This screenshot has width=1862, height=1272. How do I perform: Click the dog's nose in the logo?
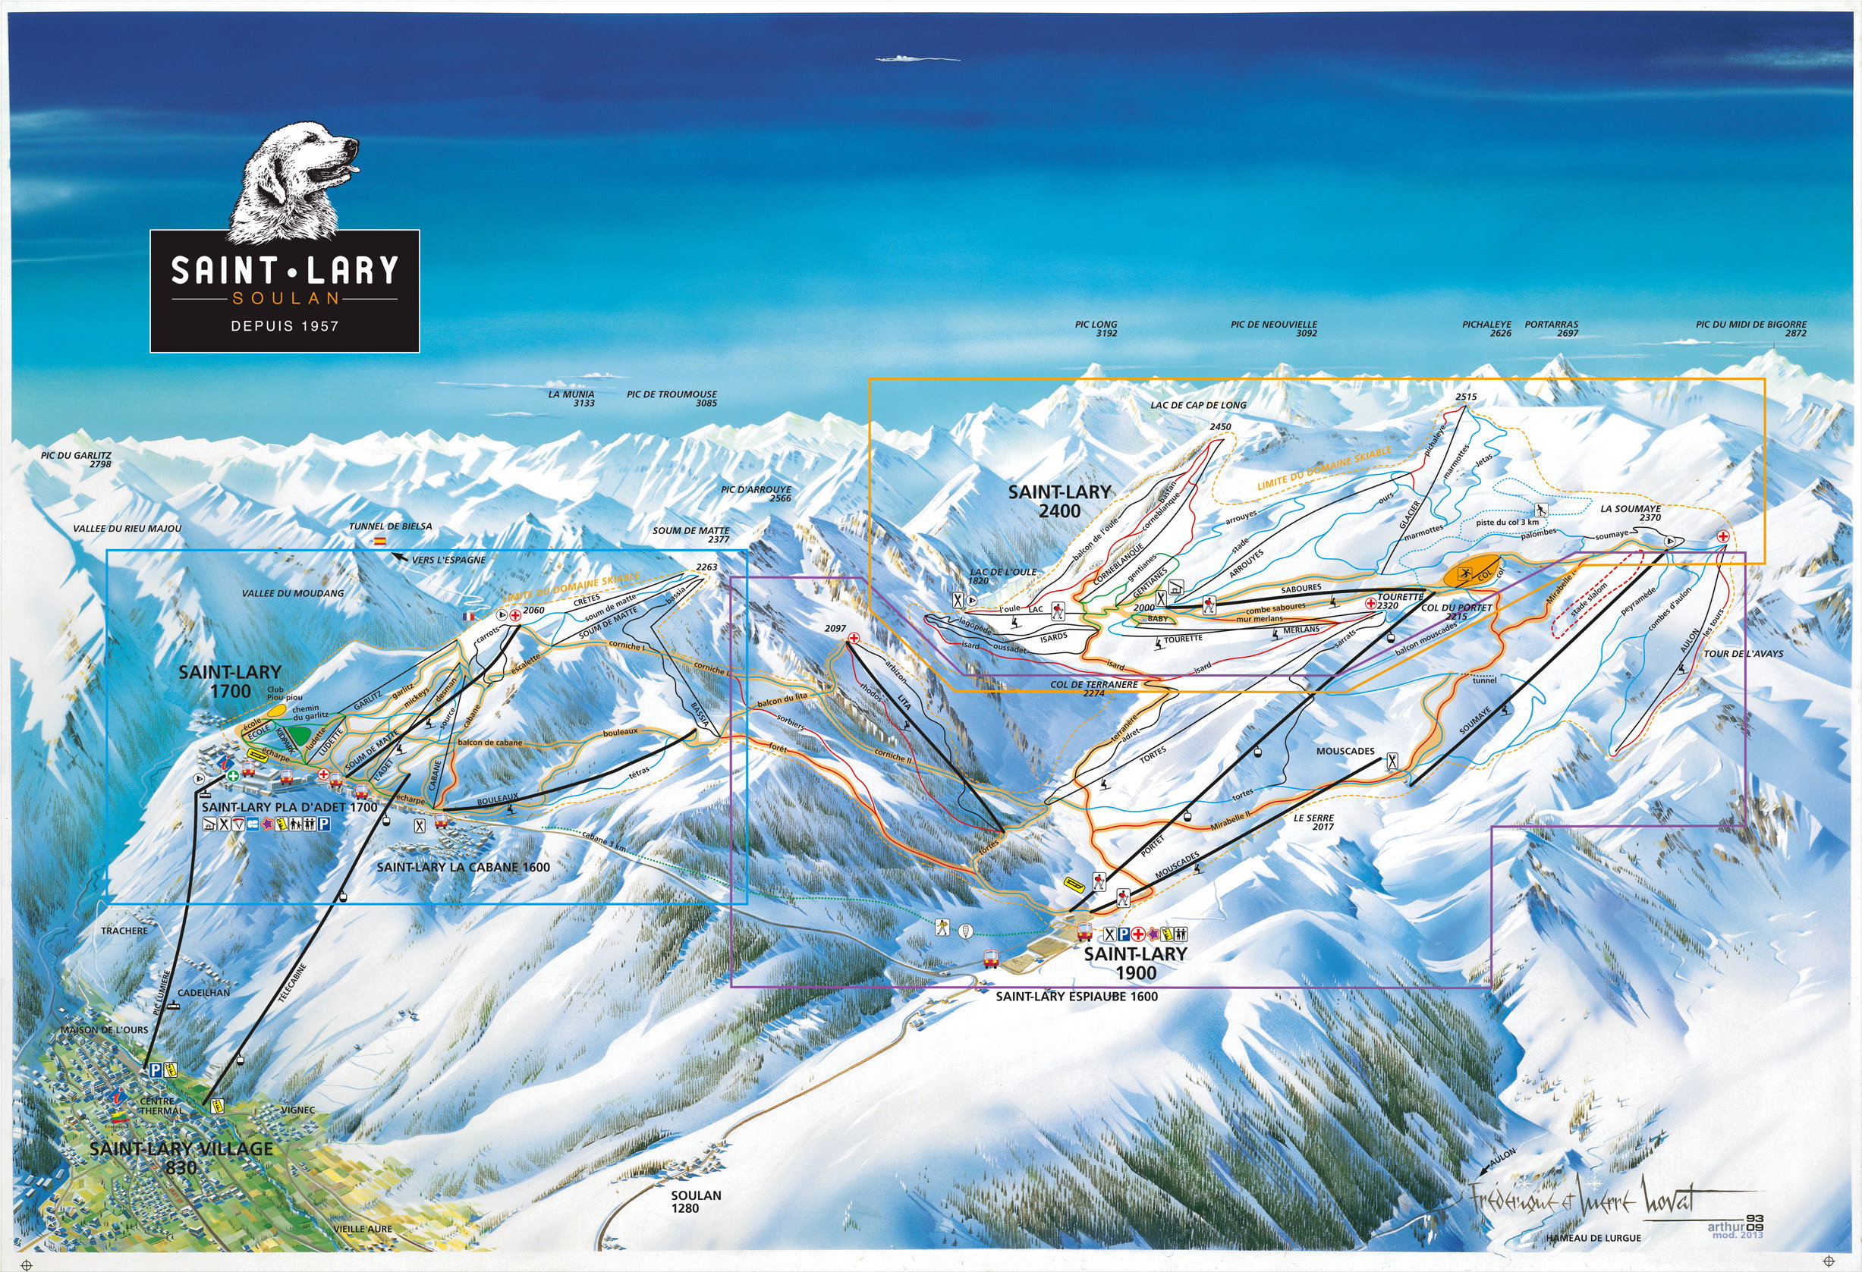click(x=353, y=143)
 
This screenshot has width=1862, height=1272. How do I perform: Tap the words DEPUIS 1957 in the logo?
click(x=285, y=326)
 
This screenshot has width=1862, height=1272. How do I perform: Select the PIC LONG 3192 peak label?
click(x=1097, y=329)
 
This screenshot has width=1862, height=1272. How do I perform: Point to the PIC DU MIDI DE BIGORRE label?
click(x=1750, y=328)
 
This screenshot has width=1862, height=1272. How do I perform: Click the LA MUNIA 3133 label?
click(x=571, y=398)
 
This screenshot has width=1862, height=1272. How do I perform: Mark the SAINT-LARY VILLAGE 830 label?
click(x=181, y=1157)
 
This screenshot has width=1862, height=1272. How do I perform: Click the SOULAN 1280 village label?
click(x=697, y=1201)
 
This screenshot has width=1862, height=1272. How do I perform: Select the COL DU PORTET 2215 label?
click(x=1457, y=612)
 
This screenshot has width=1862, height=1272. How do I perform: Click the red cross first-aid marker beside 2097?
click(x=854, y=639)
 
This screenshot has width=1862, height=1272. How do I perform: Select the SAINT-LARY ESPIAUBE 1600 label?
click(x=1076, y=997)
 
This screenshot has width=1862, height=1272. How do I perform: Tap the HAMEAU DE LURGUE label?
click(x=1593, y=1238)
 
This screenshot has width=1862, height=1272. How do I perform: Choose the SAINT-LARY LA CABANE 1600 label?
click(x=463, y=867)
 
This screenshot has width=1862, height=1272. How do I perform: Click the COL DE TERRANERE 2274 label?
click(x=1093, y=689)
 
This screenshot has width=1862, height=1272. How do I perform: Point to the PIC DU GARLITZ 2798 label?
click(x=76, y=459)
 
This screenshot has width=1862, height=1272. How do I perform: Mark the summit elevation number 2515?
click(x=1465, y=397)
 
